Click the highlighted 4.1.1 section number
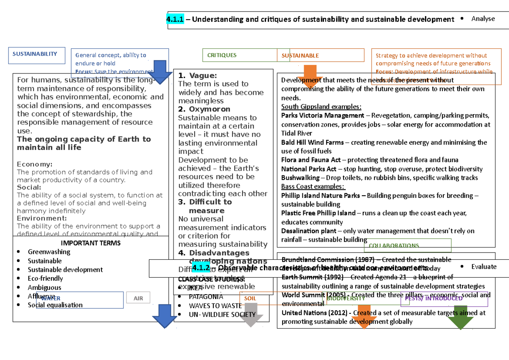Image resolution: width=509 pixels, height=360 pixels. [x=175, y=19]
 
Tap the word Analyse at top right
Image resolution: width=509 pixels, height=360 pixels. [x=483, y=19]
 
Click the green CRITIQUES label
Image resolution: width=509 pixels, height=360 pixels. [x=222, y=55]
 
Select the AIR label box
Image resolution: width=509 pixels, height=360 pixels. [x=138, y=298]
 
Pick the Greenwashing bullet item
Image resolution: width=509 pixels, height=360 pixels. [x=49, y=252]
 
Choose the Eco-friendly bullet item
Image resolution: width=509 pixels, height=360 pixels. [x=45, y=278]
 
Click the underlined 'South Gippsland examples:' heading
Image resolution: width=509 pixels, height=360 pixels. [x=321, y=107]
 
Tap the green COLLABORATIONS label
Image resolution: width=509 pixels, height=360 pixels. [x=394, y=246]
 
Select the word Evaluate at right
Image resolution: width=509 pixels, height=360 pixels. [x=484, y=267]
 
